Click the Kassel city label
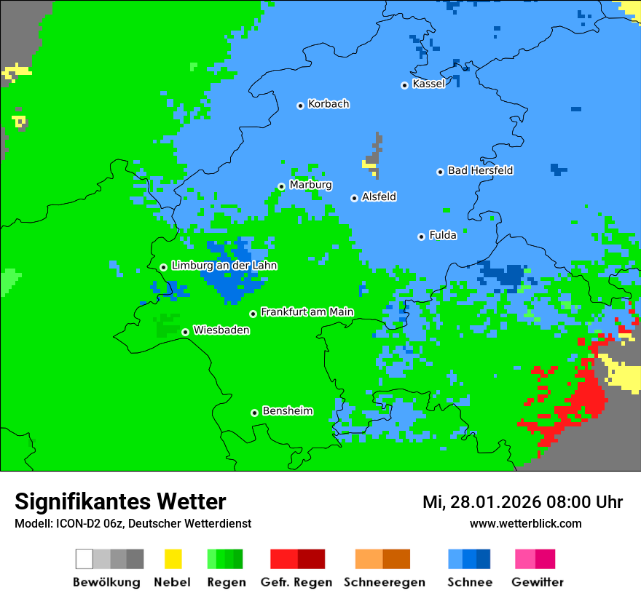[428, 84]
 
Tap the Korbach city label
[329, 104]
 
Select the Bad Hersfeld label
[480, 170]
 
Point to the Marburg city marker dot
[281, 186]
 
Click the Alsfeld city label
[379, 196]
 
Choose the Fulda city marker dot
[421, 237]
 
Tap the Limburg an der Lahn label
[224, 266]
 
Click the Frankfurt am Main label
[307, 311]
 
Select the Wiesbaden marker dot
[185, 332]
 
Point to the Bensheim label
[287, 411]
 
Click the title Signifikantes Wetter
[120, 501]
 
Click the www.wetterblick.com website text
[525, 523]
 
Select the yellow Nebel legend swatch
[173, 559]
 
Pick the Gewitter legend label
[537, 582]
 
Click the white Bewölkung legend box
[84, 559]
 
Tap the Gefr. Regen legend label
[296, 582]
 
